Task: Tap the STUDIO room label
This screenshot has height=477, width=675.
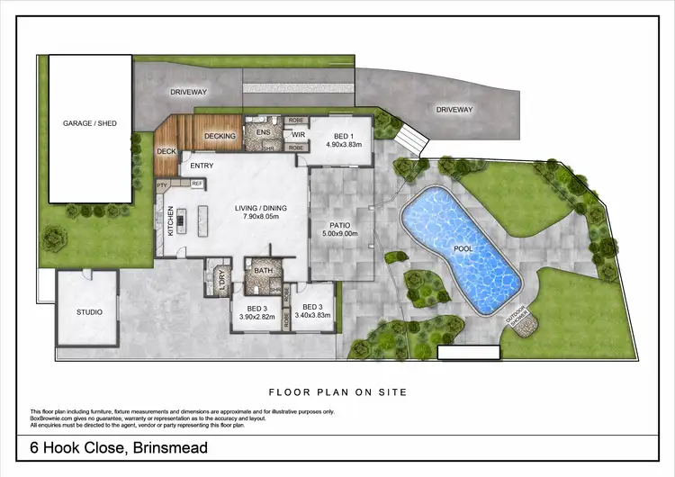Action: pyautogui.click(x=88, y=312)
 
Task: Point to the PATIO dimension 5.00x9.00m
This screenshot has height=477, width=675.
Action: pyautogui.click(x=339, y=234)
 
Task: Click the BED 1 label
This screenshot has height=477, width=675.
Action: pyautogui.click(x=341, y=136)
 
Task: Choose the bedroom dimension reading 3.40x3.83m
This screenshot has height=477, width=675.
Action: pyautogui.click(x=313, y=317)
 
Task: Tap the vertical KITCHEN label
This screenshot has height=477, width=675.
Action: pyautogui.click(x=168, y=220)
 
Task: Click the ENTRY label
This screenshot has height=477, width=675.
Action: pyautogui.click(x=201, y=166)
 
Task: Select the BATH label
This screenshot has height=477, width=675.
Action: pyautogui.click(x=264, y=270)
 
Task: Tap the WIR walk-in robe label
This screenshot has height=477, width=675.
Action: pyautogui.click(x=298, y=135)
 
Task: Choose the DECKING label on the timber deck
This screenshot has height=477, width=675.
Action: pyautogui.click(x=220, y=136)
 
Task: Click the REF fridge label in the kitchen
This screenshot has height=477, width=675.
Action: pyautogui.click(x=196, y=184)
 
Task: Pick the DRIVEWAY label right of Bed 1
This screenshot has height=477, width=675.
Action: pyautogui.click(x=454, y=110)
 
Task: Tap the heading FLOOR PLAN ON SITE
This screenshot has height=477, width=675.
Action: pyautogui.click(x=337, y=391)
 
